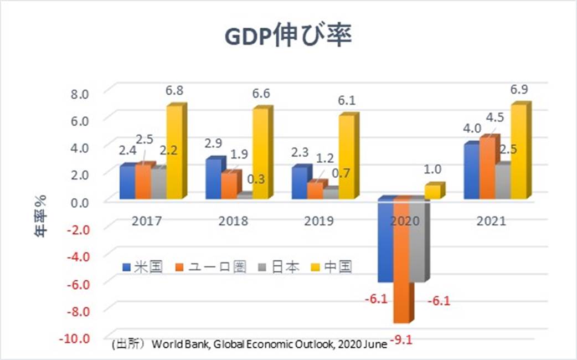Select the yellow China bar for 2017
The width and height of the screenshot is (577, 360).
[x=174, y=152]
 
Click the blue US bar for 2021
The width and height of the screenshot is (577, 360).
[x=471, y=171]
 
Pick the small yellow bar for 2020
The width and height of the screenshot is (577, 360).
[x=432, y=192]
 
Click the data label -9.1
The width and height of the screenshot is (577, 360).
[x=402, y=337]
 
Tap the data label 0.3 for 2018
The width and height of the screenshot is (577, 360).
[x=255, y=178]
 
